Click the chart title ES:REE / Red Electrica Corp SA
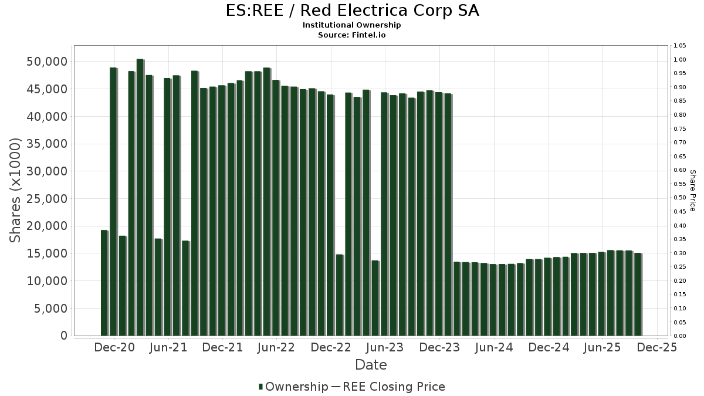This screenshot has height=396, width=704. [x=352, y=11]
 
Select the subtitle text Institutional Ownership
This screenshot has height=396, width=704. [x=352, y=25]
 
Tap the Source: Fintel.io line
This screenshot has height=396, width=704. [x=352, y=35]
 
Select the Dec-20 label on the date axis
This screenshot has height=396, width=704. [x=114, y=347]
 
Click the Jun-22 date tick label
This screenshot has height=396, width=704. [x=276, y=347]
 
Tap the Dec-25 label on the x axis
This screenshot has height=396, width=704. [x=656, y=347]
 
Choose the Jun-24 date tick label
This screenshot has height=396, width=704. [x=494, y=347]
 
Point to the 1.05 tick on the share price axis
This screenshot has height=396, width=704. [x=679, y=46]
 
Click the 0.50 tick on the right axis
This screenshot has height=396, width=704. [x=679, y=198]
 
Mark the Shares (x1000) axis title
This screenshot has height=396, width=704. [x=16, y=190]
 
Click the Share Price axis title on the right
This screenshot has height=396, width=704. [x=692, y=190]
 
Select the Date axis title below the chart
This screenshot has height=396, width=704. [x=371, y=365]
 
